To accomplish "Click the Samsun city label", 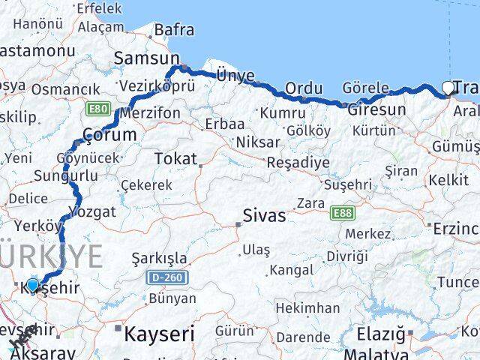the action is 146,58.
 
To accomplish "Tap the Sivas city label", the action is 263,216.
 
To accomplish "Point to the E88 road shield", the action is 342,213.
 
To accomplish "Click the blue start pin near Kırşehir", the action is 32,285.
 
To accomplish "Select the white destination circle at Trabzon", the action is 448,87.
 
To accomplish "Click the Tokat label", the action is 174,158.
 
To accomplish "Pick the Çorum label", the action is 109,135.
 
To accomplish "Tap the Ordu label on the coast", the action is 304,88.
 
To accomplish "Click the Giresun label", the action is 376,109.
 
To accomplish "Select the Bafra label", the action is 174,30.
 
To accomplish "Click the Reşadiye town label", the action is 298,162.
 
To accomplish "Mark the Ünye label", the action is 235,75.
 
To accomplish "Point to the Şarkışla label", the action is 159,259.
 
